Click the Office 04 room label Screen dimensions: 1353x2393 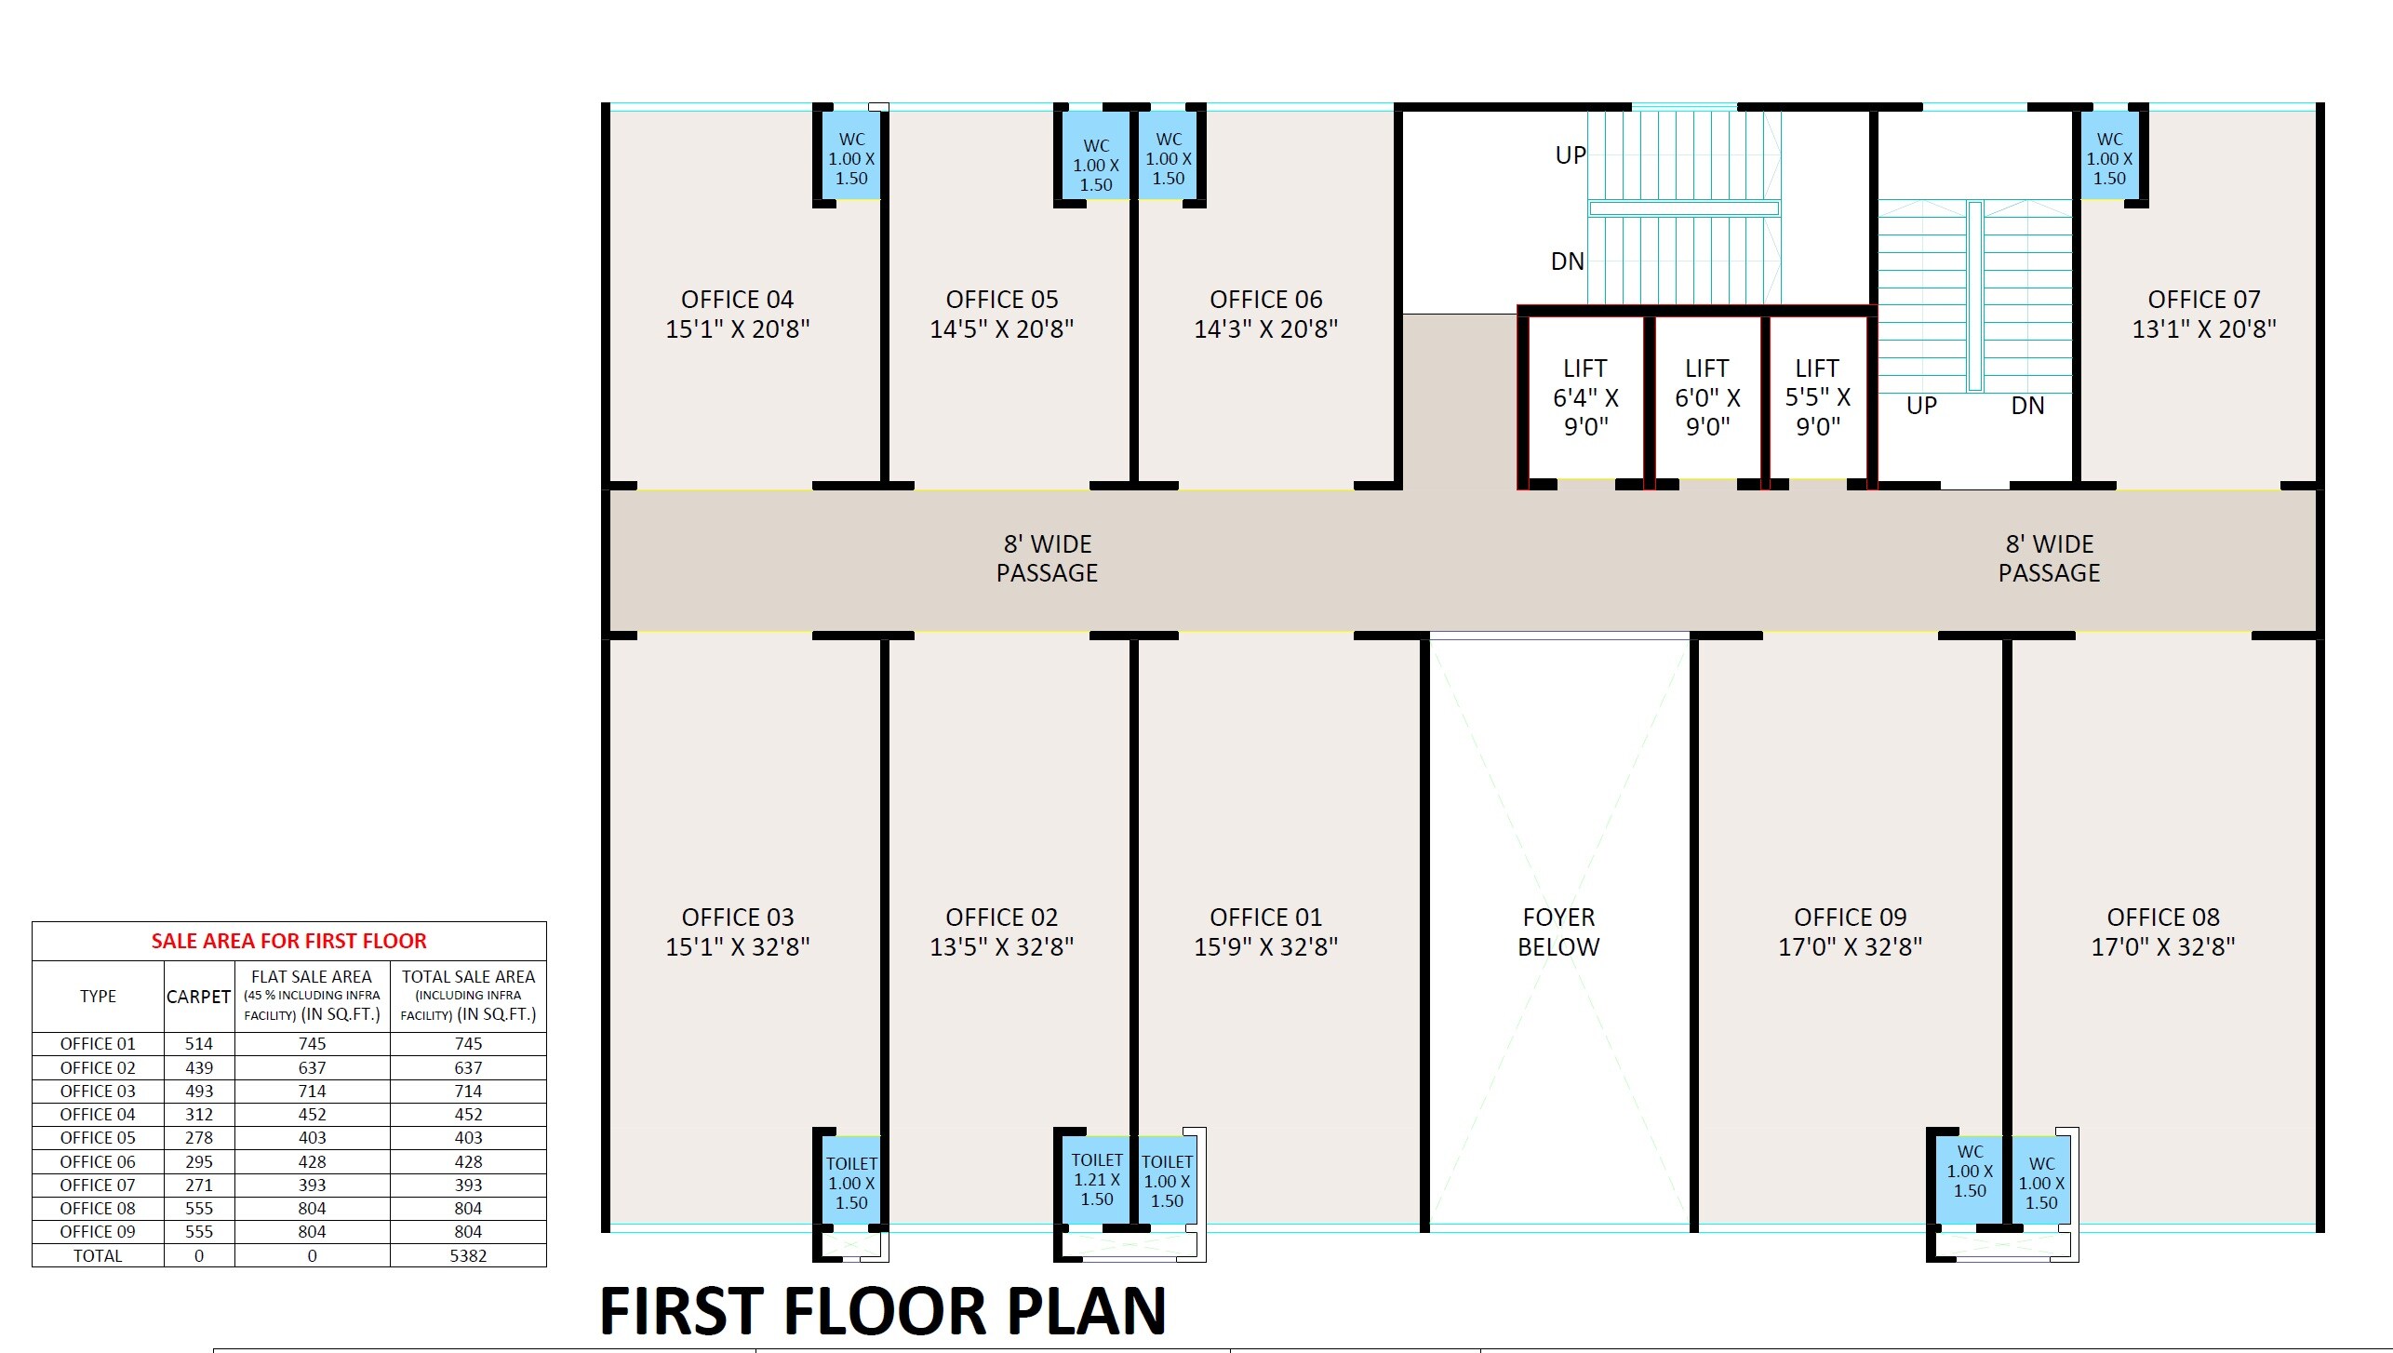click(737, 300)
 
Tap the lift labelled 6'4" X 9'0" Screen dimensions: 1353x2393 click(1585, 397)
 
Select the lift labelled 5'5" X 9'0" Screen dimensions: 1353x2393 click(1817, 397)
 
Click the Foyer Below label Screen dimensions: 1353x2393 click(1558, 931)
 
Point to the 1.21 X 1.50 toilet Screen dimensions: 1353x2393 click(1096, 1179)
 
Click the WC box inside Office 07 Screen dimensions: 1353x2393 click(2109, 158)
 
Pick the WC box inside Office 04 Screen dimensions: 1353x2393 click(851, 158)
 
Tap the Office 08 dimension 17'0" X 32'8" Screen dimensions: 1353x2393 click(2163, 947)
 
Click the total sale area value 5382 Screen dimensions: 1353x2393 click(468, 1255)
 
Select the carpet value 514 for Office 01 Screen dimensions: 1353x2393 click(199, 1044)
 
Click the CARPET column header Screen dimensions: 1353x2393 click(198, 997)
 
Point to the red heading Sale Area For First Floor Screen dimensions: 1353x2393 click(288, 941)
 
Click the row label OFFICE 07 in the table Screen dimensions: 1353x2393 click(98, 1185)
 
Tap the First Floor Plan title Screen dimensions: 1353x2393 click(882, 1310)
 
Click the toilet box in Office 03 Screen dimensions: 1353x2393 click(851, 1183)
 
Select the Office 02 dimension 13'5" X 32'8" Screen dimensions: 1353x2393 click(1002, 947)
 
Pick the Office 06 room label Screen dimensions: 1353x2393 click(1265, 300)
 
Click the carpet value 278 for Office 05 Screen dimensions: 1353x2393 click(199, 1138)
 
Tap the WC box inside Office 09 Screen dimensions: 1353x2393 click(1970, 1172)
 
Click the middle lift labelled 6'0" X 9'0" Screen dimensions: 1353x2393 click(1707, 397)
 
